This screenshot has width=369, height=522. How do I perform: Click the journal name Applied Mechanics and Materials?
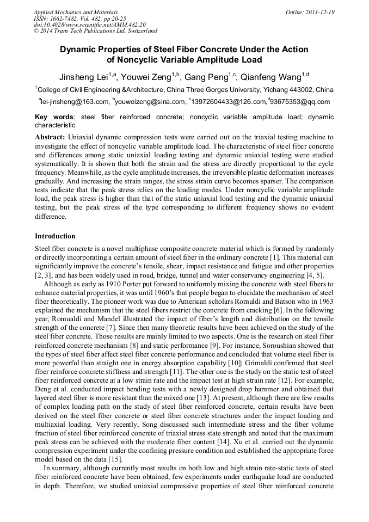(76, 12)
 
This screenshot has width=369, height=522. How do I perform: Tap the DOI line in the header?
(90, 24)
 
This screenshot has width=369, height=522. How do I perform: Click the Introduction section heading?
(55, 236)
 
